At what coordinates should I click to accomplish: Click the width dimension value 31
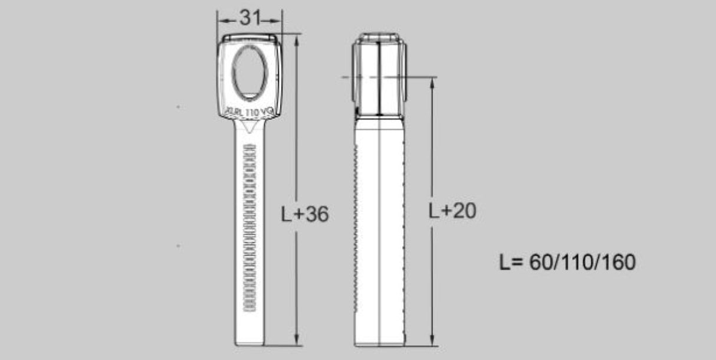point(250,19)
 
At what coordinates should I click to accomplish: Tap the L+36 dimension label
point(304,214)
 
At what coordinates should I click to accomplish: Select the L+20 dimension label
point(452,211)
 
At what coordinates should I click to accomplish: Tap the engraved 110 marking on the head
point(251,111)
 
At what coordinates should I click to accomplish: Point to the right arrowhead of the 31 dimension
point(280,19)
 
